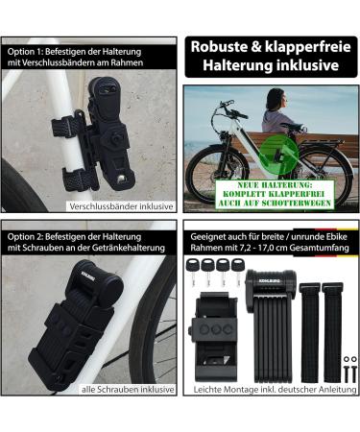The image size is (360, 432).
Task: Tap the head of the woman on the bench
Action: pyautogui.click(x=272, y=97)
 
